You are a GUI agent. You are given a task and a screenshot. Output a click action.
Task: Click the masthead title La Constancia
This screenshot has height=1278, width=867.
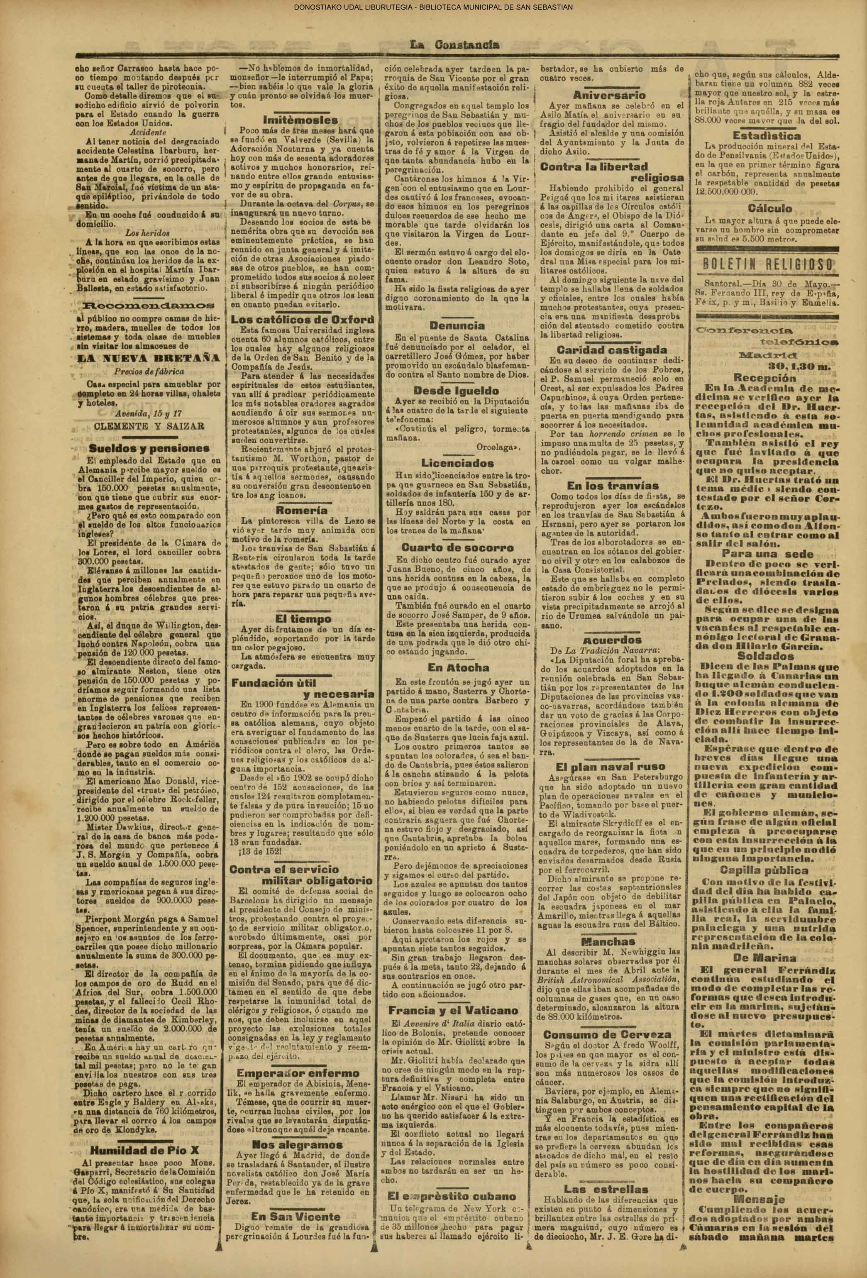[x=454, y=45]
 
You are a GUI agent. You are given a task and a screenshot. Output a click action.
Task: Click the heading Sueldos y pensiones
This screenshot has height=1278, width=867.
[x=149, y=448]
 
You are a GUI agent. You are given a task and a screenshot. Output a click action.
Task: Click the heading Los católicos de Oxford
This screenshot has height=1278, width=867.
[x=303, y=320]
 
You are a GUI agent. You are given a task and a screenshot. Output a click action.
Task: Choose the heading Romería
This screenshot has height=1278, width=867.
[x=303, y=510]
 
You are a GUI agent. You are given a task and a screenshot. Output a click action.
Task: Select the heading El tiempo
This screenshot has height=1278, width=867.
[x=303, y=618]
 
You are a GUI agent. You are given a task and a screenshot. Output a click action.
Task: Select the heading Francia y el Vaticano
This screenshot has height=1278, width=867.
[x=454, y=1010]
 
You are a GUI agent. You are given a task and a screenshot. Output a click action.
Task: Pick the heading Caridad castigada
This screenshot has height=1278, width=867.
[x=611, y=350]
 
